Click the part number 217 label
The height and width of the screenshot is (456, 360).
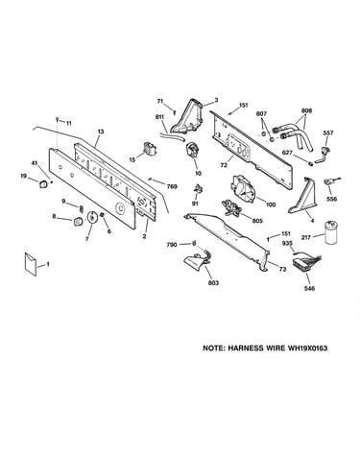(x=306, y=237)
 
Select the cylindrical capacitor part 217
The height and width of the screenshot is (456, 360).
(x=332, y=232)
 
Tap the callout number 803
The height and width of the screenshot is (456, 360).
(x=213, y=282)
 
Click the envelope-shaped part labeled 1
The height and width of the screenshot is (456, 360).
(x=31, y=264)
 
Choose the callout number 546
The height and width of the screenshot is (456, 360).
(x=309, y=288)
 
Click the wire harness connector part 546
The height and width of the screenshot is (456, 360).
(x=305, y=261)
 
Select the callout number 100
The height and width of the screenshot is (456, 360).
(x=271, y=204)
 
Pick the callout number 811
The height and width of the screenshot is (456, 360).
(x=159, y=117)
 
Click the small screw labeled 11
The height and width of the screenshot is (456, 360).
(x=57, y=120)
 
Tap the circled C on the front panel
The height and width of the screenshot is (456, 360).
(x=120, y=208)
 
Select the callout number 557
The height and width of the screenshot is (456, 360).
(x=328, y=133)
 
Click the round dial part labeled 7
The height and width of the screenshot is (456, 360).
(x=92, y=217)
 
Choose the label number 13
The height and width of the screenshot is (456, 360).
(x=101, y=132)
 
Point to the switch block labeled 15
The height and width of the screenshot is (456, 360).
(x=149, y=149)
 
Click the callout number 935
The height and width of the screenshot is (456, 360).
(x=287, y=243)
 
